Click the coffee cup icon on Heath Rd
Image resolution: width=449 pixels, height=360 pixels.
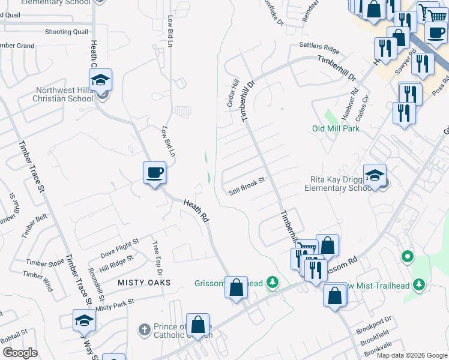(154, 173)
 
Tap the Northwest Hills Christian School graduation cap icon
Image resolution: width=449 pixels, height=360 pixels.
(101, 80)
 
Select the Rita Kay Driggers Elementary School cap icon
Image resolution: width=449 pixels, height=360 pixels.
(375, 175)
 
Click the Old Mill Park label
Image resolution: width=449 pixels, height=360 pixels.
(336, 128)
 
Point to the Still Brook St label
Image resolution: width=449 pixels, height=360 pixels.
(247, 191)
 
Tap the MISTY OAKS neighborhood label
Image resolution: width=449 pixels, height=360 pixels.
(144, 282)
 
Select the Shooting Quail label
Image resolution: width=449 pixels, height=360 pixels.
(66, 32)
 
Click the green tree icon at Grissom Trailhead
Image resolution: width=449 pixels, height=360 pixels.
(273, 281)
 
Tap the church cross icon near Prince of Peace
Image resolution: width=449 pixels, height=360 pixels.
(144, 329)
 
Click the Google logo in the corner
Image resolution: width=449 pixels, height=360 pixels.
(19, 353)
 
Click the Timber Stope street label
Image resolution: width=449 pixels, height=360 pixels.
(45, 263)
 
